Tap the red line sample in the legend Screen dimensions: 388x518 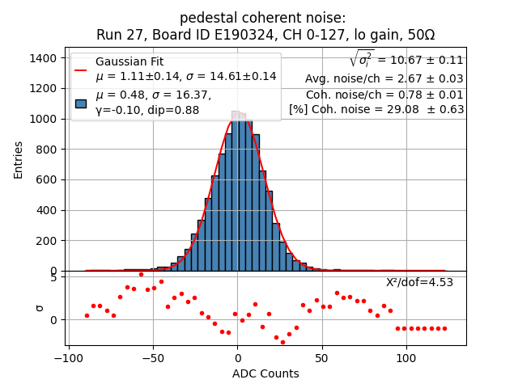pos(81,70)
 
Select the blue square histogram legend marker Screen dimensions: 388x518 pos(81,103)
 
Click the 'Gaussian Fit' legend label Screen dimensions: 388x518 pos(129,61)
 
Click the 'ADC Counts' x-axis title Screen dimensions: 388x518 pos(265,373)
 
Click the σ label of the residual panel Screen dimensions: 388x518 pos(38,308)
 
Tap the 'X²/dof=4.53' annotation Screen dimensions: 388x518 pos(419,282)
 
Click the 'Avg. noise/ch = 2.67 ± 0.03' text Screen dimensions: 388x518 pos(384,78)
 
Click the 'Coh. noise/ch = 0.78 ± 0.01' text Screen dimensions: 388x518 pos(384,94)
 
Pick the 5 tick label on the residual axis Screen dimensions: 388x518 pos(53,277)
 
